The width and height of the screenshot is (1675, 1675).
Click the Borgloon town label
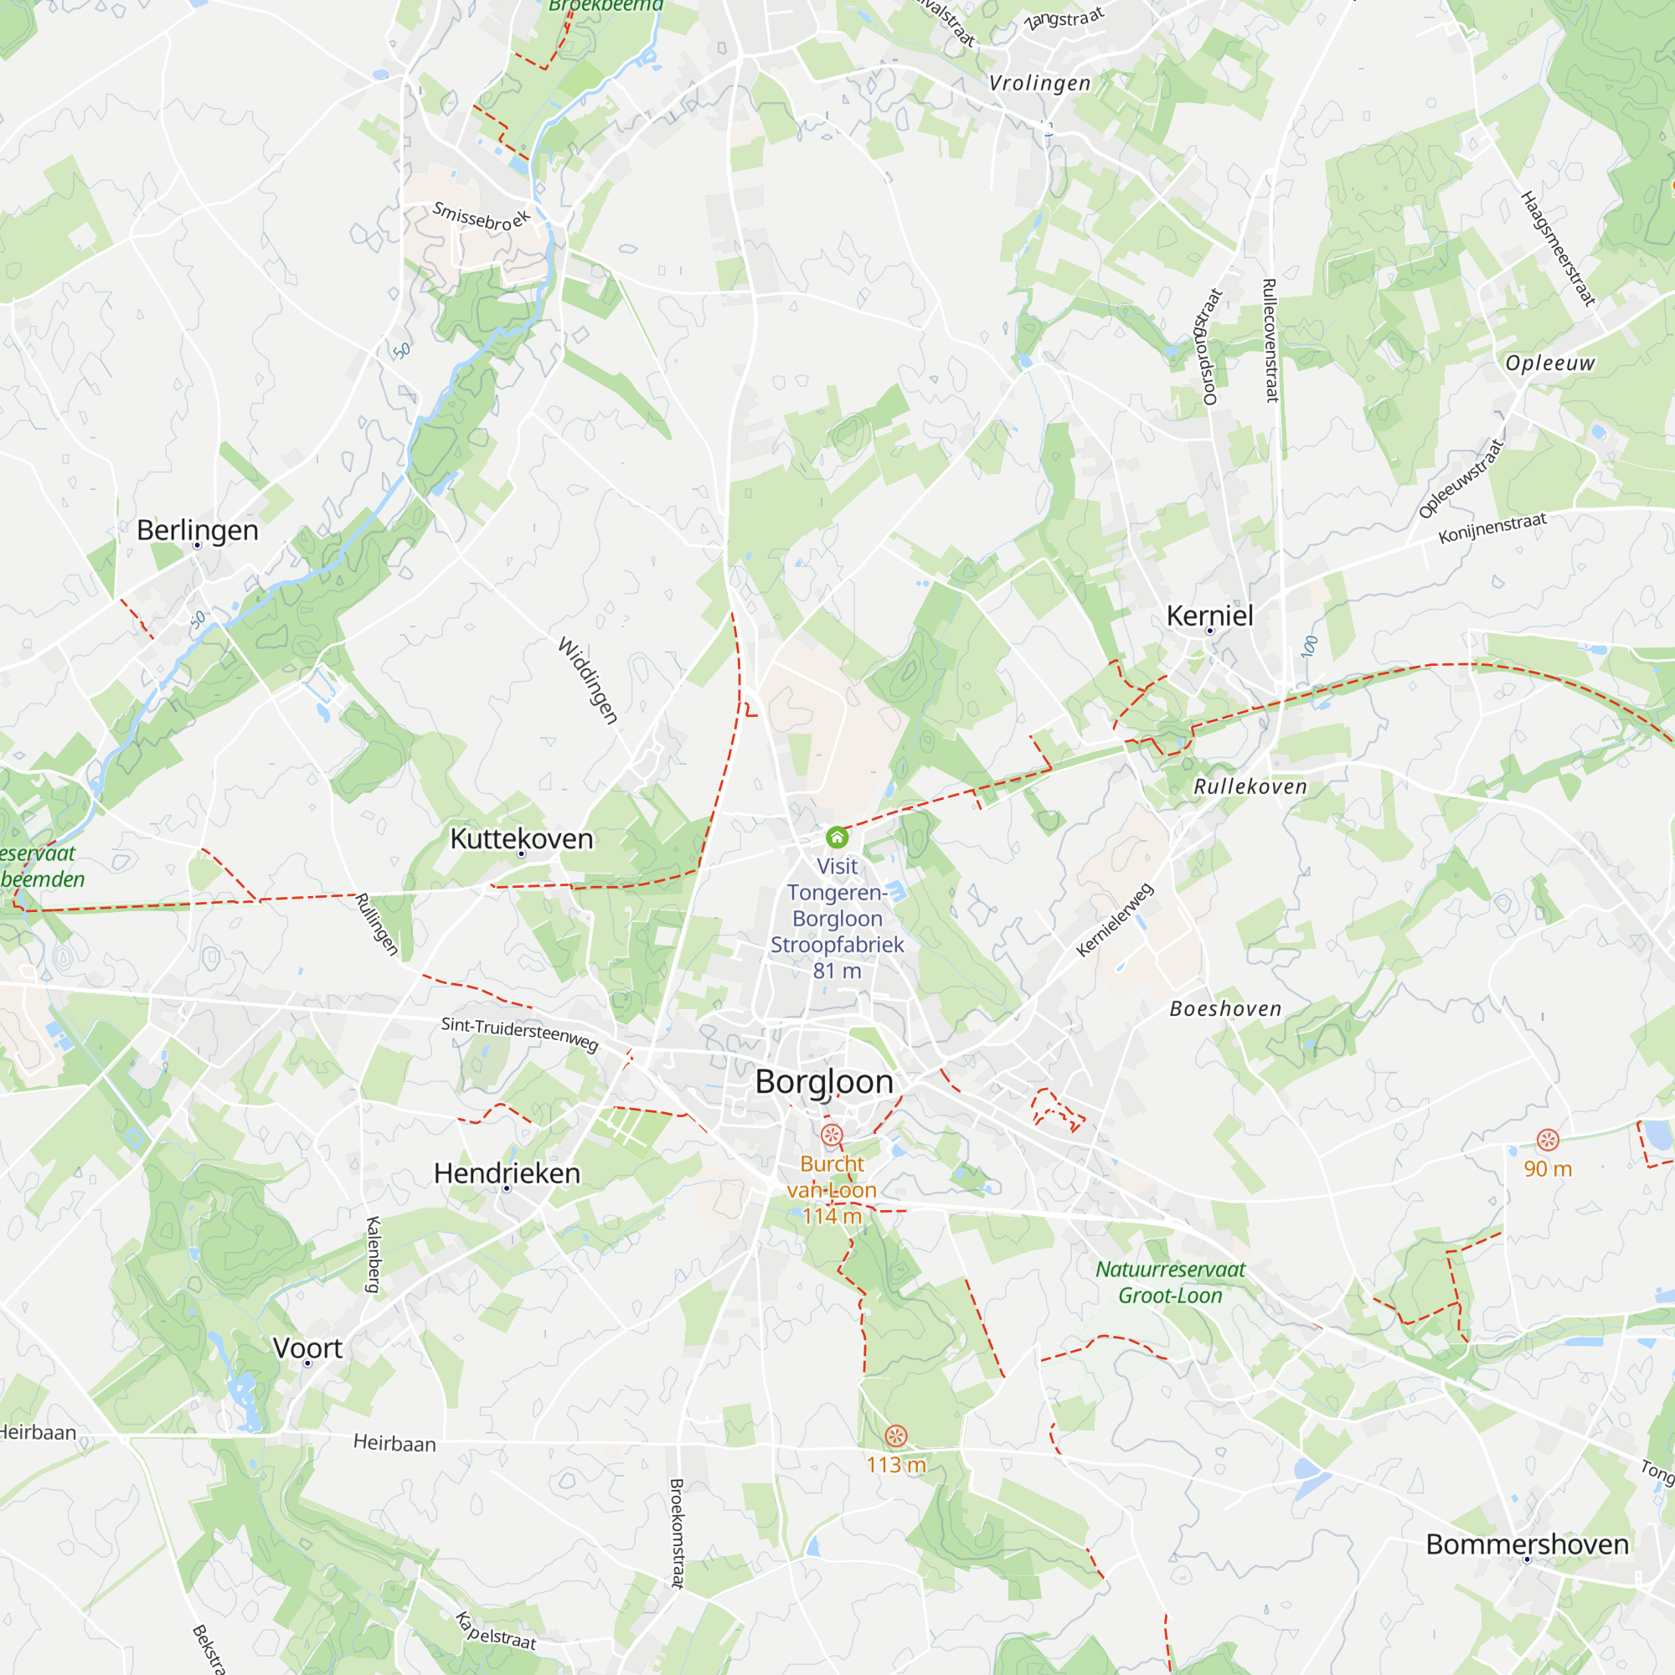(823, 1082)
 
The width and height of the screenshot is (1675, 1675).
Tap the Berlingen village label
(198, 530)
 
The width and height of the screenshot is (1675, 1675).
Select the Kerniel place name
(1209, 616)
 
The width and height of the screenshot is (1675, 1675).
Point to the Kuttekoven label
(522, 838)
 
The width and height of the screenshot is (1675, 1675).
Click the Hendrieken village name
(508, 1173)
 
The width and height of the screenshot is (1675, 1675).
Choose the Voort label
(307, 1348)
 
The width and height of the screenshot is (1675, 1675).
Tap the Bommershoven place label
(1528, 1544)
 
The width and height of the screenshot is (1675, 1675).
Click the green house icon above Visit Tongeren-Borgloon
(837, 837)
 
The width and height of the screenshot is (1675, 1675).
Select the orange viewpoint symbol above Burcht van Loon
(832, 1135)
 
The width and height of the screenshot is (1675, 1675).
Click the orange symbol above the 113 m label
(895, 1435)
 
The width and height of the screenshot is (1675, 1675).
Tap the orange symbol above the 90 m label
(1548, 1140)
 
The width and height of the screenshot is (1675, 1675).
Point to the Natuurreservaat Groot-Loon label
(1171, 1282)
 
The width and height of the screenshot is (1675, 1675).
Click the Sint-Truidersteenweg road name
(520, 1033)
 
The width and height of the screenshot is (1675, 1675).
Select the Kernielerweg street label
(1115, 920)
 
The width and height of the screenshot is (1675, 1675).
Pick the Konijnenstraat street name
(1492, 528)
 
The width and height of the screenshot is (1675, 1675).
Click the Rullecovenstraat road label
(1270, 340)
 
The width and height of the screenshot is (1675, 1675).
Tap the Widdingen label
(589, 681)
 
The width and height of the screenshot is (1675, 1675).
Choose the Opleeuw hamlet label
(1550, 363)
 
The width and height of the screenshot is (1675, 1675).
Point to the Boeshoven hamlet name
(1225, 1008)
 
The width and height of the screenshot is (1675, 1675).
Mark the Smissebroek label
(482, 217)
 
